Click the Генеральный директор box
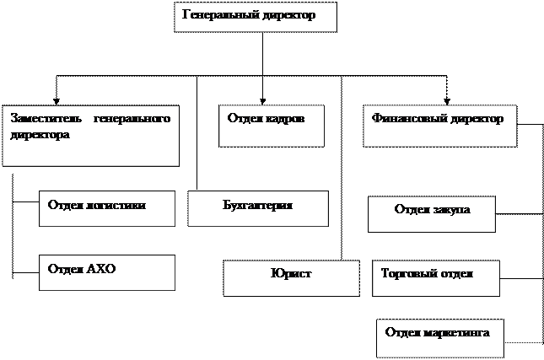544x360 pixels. (255, 17)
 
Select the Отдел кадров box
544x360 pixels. (272, 126)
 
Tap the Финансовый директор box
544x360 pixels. (439, 126)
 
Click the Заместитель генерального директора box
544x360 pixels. (90, 136)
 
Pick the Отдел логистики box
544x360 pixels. (107, 208)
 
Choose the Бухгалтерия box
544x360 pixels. (257, 208)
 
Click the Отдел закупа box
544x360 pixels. (431, 214)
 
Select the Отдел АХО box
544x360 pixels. (107, 272)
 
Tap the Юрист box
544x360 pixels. (291, 277)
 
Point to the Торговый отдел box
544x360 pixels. (435, 277)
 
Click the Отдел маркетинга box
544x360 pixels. (439, 337)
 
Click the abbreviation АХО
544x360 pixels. (100, 269)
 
